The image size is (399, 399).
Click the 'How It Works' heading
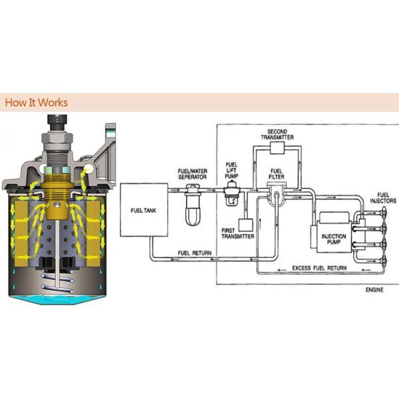tap(36, 103)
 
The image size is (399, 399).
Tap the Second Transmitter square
tap(276, 147)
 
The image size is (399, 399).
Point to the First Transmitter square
tap(245, 225)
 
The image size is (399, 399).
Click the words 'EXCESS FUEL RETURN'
tap(319, 267)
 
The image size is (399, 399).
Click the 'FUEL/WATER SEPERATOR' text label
tap(194, 175)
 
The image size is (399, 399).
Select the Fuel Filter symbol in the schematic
tap(275, 194)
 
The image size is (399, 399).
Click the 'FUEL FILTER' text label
tap(276, 175)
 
